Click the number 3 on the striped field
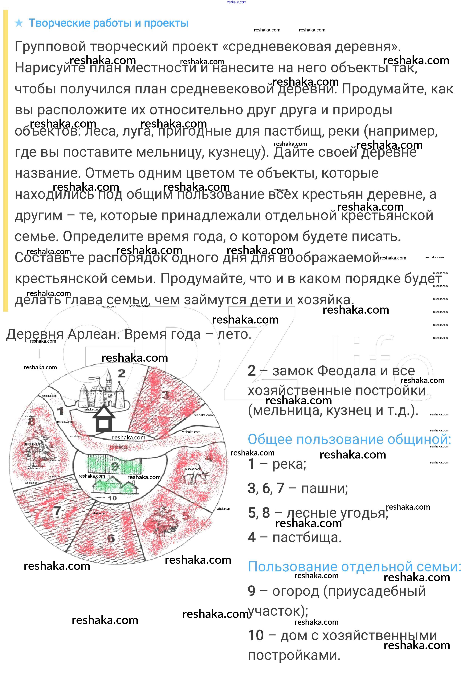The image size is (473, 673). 166,395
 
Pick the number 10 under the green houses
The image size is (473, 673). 112,498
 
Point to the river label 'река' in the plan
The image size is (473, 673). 119,447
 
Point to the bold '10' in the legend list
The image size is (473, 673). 255,635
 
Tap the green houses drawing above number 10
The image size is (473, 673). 115,485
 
